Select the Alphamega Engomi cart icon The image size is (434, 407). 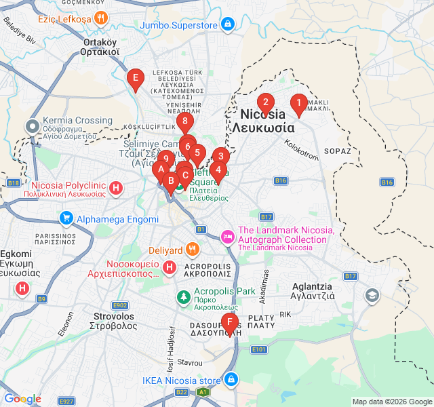click(66, 219)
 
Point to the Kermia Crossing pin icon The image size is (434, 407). click(32, 126)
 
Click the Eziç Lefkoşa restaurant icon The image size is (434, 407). click(101, 18)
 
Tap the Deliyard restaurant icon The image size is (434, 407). click(193, 250)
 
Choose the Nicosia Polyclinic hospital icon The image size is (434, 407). click(116, 188)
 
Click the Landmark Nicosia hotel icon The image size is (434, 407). click(227, 236)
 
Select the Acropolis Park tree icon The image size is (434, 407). click(183, 296)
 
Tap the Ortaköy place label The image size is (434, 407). click(100, 46)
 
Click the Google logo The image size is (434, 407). click(22, 399)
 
